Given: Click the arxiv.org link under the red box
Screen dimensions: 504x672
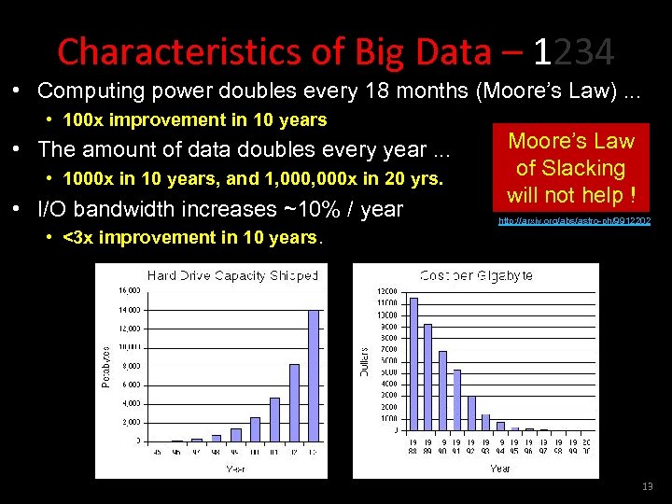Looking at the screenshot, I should [574, 221].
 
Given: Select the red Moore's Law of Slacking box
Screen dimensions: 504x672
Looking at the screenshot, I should [570, 169].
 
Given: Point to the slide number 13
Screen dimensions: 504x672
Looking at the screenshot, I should [648, 487].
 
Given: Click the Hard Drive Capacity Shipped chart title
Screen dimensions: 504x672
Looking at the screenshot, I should [232, 275].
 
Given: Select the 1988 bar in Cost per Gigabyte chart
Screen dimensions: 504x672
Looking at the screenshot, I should [413, 364].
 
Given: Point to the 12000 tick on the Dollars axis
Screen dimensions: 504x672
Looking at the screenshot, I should [385, 292].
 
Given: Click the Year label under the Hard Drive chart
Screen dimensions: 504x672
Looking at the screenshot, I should [234, 469].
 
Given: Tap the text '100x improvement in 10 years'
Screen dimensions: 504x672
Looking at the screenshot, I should [194, 119].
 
